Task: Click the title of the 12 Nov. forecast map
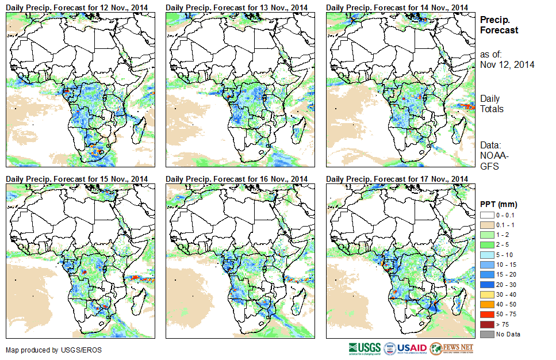click(x=77, y=6)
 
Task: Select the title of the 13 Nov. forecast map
click(x=237, y=6)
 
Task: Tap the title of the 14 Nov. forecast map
click(x=397, y=6)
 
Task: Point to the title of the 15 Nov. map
click(x=77, y=179)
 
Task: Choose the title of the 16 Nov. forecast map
click(x=237, y=179)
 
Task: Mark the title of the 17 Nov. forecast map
click(x=397, y=179)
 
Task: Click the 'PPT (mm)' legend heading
click(x=499, y=204)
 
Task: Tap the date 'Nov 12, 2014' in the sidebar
click(x=507, y=65)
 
